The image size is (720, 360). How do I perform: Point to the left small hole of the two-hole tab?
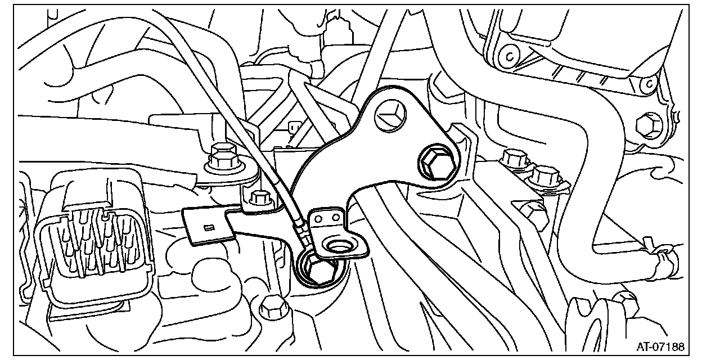[318, 217]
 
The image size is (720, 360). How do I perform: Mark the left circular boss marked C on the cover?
[510, 56]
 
